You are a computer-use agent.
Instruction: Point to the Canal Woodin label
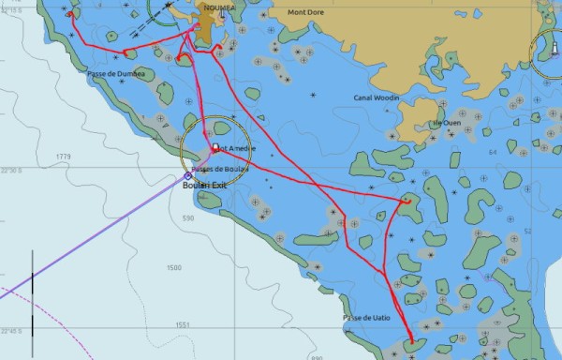tap(377, 97)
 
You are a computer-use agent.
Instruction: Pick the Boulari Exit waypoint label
tap(205, 186)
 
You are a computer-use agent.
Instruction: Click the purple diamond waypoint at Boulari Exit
tap(187, 175)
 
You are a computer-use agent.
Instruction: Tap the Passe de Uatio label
tap(366, 319)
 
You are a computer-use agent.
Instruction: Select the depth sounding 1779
tap(64, 157)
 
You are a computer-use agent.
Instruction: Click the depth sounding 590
tap(187, 217)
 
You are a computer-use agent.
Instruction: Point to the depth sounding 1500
tap(173, 268)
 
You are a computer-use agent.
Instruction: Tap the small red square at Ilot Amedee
tap(214, 148)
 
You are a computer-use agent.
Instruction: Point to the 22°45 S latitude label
tap(10, 331)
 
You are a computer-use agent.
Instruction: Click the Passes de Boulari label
tap(220, 169)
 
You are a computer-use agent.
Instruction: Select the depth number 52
tap(527, 231)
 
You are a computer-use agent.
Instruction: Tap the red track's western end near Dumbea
tap(71, 13)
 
